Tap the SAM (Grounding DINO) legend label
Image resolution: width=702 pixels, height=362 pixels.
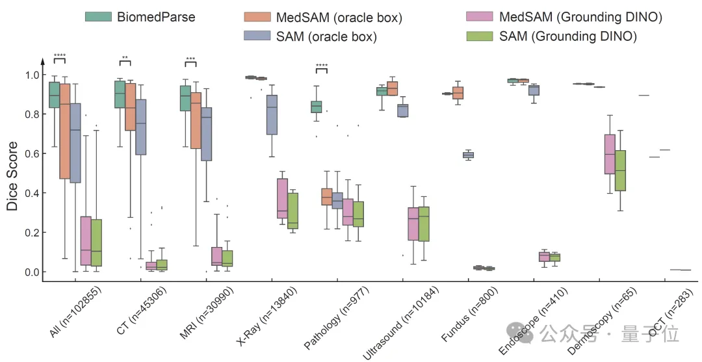coord(567,36)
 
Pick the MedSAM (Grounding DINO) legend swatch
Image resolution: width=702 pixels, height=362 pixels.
coord(481,16)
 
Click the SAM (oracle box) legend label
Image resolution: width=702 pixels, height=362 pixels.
coord(326,36)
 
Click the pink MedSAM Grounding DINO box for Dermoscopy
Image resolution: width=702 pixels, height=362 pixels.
coord(610,154)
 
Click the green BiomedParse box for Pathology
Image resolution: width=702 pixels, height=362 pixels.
coord(317,107)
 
